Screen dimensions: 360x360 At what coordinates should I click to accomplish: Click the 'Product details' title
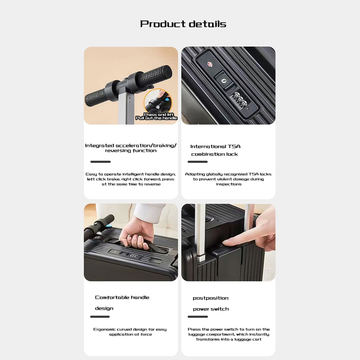click(183, 24)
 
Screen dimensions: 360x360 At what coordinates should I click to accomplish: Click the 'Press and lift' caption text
click(159, 114)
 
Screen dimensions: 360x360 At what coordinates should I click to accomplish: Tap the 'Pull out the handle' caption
click(156, 118)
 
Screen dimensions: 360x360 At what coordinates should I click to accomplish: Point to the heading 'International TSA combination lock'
click(215, 150)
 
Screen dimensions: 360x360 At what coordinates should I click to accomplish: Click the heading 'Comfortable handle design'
click(122, 303)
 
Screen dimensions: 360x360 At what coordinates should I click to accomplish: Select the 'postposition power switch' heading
click(211, 303)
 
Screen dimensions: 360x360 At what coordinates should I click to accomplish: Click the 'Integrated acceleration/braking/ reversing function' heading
click(131, 148)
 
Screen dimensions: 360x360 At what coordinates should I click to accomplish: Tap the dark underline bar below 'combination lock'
click(197, 162)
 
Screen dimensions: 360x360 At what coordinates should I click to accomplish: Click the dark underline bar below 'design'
click(100, 316)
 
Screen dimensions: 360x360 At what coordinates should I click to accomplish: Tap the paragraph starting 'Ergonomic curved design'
click(130, 332)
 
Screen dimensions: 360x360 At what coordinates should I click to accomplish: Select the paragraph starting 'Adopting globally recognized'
click(228, 179)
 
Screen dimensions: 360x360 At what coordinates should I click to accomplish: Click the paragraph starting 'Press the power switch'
click(229, 334)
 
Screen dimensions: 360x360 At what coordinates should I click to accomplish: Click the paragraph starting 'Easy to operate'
click(131, 179)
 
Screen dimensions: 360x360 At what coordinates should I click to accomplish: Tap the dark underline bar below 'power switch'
click(198, 316)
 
